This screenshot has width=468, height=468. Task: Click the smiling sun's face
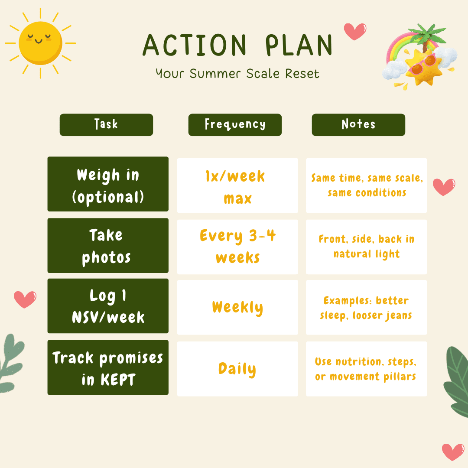pos(41,43)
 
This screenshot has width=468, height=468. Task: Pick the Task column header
pos(106,125)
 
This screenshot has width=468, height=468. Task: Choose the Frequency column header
pos(235,125)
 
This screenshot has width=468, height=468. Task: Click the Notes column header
pos(358,125)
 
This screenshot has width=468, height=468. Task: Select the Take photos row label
pos(108,246)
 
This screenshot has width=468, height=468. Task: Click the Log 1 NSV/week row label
pos(108,306)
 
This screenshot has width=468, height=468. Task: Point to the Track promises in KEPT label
pos(108,367)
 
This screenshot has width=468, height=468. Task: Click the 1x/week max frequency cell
pos(237,185)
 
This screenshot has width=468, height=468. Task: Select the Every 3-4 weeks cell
pos(237,247)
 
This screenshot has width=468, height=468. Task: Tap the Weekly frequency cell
pos(237,307)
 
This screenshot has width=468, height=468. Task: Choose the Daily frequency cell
pos(237,369)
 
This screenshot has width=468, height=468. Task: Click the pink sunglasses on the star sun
pos(422,64)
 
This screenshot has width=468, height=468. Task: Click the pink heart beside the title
pos(355,31)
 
